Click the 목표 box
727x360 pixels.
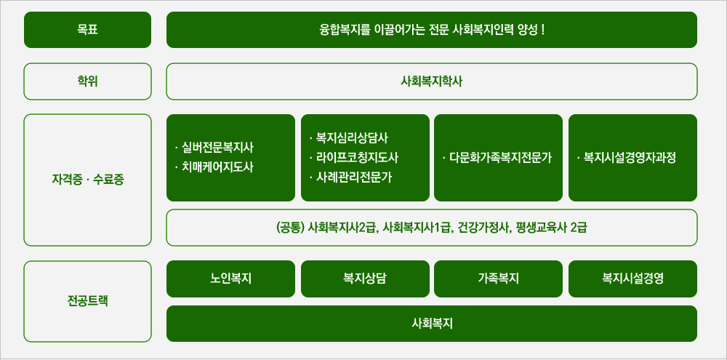pos(87,30)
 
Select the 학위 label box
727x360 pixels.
pos(87,81)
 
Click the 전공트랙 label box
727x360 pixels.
pos(87,301)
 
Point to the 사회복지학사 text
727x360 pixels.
pos(431,81)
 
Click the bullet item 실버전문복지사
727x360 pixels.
pos(217,148)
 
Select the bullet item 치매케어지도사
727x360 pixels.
pos(217,167)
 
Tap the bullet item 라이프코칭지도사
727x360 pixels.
pos(357,157)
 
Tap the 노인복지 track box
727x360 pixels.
pos(230,279)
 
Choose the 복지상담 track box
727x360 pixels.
pos(365,279)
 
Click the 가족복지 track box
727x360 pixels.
pos(498,279)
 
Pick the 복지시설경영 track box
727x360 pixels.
pos(632,279)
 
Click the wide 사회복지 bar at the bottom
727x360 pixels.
pos(431,324)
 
